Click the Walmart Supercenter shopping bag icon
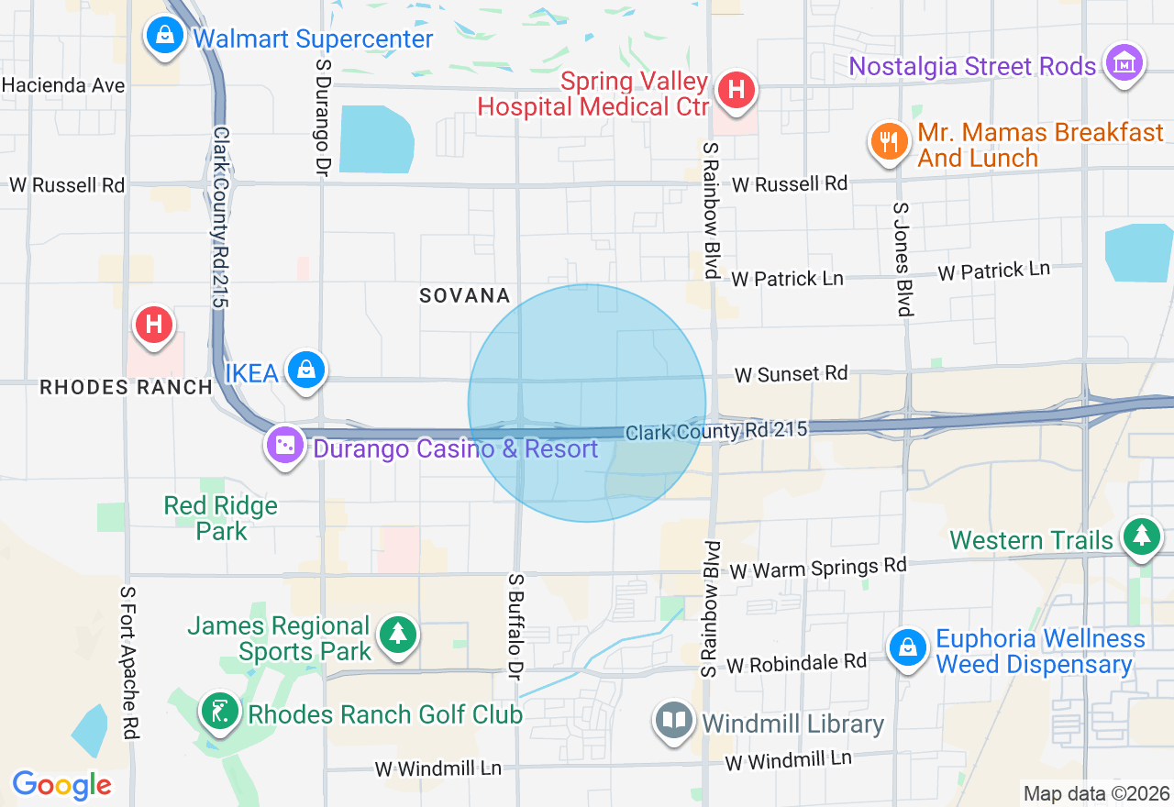163,37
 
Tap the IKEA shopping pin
306,370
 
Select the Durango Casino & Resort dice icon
285,446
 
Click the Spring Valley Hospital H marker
736,90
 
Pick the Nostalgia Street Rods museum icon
1124,63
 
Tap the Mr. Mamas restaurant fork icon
888,143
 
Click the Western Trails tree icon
1142,536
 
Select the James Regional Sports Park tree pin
398,634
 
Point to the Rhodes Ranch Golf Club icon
220,712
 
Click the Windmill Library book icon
674,721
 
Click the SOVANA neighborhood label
465,295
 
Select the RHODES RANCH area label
127,387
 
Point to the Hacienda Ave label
63,85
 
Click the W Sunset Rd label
791,374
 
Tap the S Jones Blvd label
903,260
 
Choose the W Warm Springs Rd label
818,568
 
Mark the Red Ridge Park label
220,518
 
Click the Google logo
62,785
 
